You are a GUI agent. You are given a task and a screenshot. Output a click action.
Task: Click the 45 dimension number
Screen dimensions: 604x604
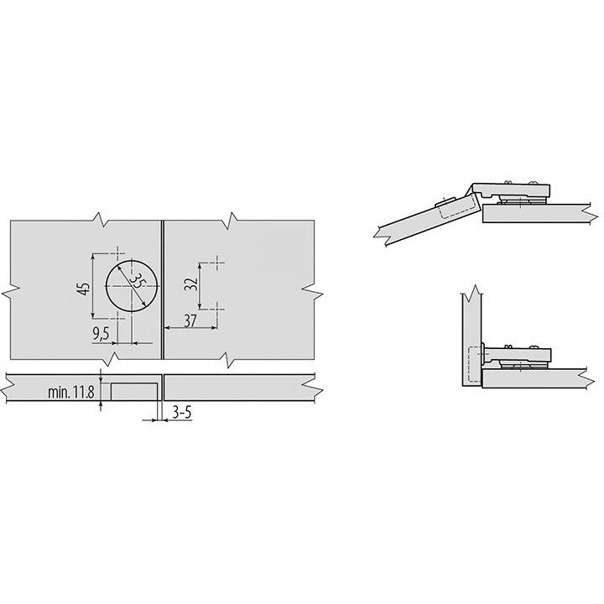click(x=82, y=288)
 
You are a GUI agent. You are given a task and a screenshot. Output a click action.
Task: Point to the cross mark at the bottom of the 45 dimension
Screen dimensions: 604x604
click(x=117, y=320)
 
